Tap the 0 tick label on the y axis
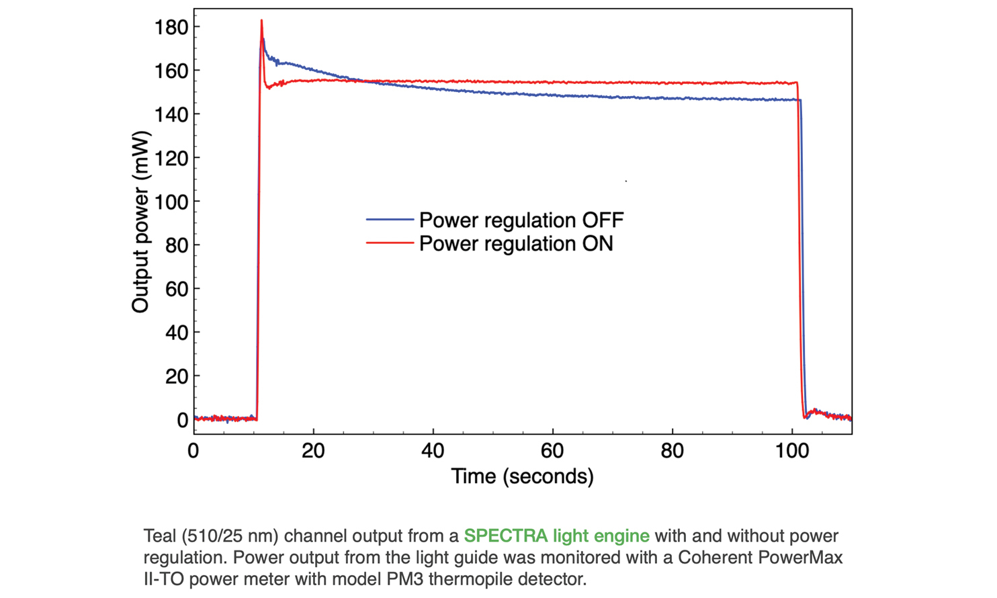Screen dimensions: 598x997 click(x=182, y=420)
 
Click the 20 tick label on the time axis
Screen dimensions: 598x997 click(x=313, y=451)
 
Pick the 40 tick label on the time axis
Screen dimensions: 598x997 click(x=433, y=451)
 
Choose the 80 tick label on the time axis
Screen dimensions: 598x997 click(x=672, y=451)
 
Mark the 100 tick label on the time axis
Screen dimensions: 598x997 click(x=791, y=451)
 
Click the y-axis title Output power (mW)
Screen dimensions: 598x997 click(x=140, y=222)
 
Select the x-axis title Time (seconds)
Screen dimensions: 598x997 click(x=522, y=476)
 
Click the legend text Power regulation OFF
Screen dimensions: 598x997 click(x=521, y=220)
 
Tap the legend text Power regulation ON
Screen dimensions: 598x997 click(x=516, y=243)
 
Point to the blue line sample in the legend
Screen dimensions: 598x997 click(x=389, y=220)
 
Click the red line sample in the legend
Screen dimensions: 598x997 click(x=389, y=243)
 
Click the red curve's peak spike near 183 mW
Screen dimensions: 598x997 click(x=261, y=22)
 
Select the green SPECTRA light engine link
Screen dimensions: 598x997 click(x=556, y=536)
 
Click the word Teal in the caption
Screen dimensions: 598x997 click(x=160, y=536)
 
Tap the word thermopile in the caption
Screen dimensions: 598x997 click(x=473, y=579)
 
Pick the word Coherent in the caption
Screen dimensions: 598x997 click(x=715, y=558)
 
